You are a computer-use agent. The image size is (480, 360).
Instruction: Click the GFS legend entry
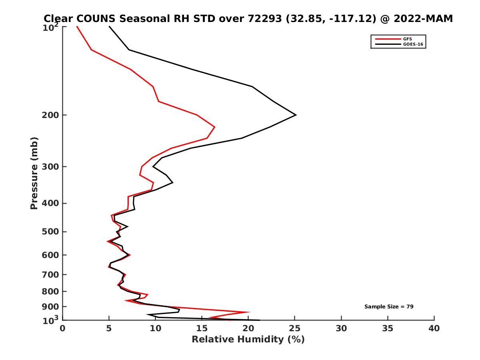click(408, 39)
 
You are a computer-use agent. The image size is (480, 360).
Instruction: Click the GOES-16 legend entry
click(413, 44)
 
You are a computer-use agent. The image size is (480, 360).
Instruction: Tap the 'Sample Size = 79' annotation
click(388, 307)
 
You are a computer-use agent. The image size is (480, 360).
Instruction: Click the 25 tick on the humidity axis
click(295, 328)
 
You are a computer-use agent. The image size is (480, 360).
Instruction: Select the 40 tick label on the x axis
click(434, 328)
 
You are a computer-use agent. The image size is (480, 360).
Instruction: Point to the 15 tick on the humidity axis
click(202, 328)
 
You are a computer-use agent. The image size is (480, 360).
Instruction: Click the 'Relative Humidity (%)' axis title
click(248, 340)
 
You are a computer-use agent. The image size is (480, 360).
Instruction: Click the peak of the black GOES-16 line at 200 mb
click(296, 115)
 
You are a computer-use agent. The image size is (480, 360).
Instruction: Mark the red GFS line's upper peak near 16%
click(215, 127)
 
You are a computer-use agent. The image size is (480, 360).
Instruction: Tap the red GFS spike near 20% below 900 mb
click(249, 312)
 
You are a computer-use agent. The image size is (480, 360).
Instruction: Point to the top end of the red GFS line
click(77, 26)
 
